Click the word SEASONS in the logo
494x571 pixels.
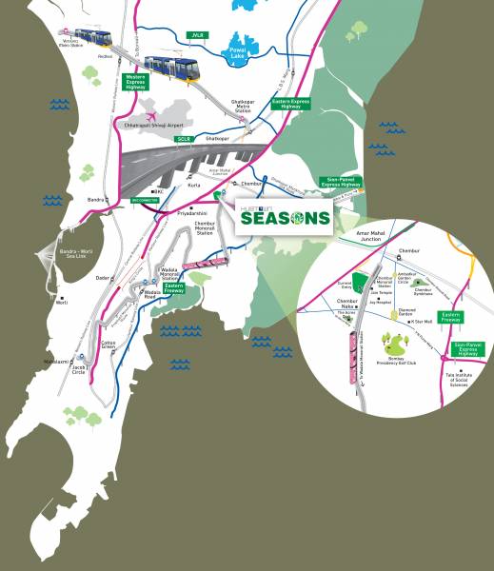pos(285,218)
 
